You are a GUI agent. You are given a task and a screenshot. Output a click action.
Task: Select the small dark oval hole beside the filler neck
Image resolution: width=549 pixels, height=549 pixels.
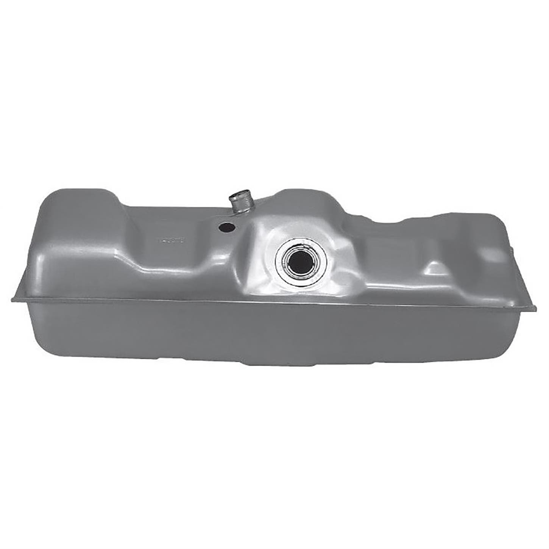[226, 227]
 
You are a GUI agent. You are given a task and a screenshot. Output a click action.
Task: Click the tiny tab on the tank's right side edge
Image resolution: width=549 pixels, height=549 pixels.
[511, 248]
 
